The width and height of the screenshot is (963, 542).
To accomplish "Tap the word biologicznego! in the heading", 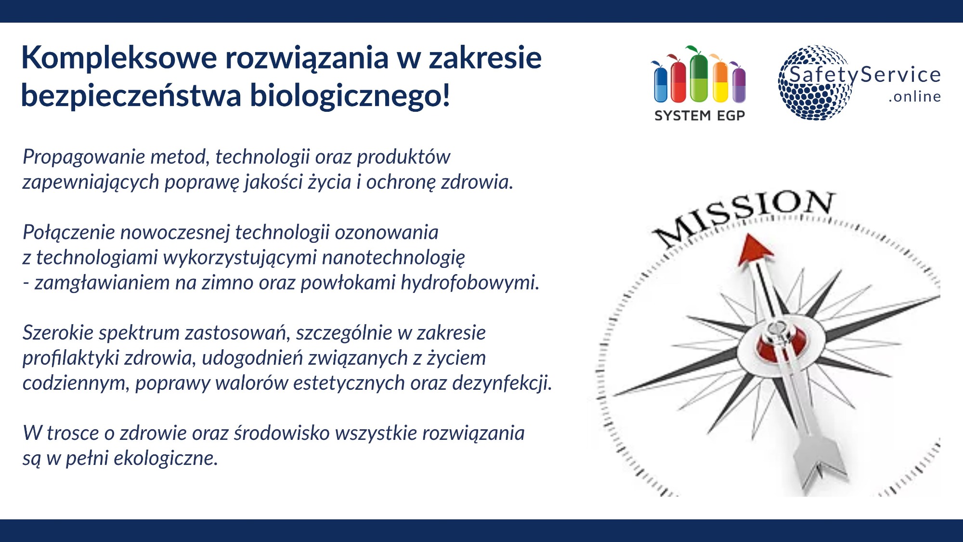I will pos(350,95).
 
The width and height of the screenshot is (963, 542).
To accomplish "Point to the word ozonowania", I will pos(387,233).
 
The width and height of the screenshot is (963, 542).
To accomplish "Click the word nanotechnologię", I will pos(393,258).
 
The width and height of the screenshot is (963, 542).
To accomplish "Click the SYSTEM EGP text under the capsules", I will pos(700,116).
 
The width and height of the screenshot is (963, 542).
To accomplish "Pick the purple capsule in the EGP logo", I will pos(739,85).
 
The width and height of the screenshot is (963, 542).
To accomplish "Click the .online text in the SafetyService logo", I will pos(914,97).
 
